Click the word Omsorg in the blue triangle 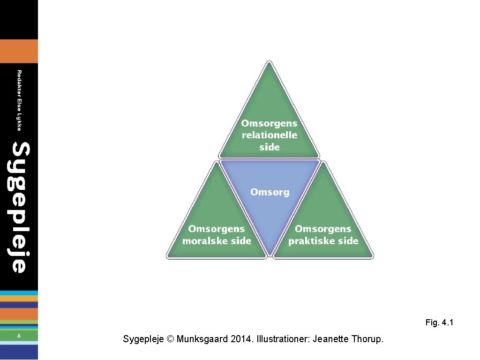click(x=270, y=192)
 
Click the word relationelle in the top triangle click(x=270, y=135)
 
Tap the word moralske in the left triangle click(x=204, y=241)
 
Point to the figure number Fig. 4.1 click(x=439, y=322)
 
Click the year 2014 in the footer click(x=240, y=338)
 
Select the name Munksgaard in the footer click(x=202, y=338)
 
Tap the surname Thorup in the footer click(x=368, y=338)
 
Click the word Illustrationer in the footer click(x=282, y=338)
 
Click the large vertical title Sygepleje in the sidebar click(x=20, y=207)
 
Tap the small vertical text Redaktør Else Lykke click(x=19, y=100)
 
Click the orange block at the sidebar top click(x=19, y=51)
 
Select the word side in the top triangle click(x=270, y=147)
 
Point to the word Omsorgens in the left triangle click(x=217, y=229)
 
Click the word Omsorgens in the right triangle click(x=323, y=229)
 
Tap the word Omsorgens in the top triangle click(x=270, y=123)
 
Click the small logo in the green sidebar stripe click(x=19, y=336)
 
